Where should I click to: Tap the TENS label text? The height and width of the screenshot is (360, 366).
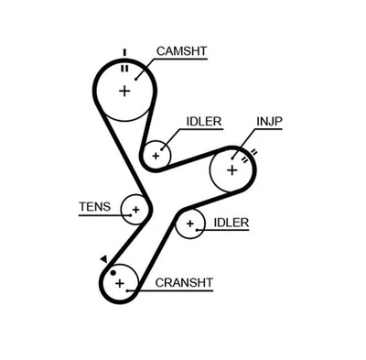pyautogui.click(x=92, y=207)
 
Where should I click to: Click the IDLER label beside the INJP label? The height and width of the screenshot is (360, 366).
pyautogui.click(x=202, y=121)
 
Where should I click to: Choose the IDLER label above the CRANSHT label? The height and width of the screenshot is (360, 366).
pyautogui.click(x=231, y=222)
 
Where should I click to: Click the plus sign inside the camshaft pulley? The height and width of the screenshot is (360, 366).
pyautogui.click(x=125, y=90)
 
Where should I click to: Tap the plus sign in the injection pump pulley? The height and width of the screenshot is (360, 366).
pyautogui.click(x=231, y=169)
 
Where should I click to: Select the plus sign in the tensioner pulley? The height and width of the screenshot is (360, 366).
pyautogui.click(x=135, y=210)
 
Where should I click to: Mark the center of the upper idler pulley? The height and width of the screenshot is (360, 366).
pyautogui.click(x=156, y=155)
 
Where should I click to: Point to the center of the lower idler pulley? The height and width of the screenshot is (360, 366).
pyautogui.click(x=190, y=223)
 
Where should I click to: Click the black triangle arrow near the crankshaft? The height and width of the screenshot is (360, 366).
pyautogui.click(x=104, y=258)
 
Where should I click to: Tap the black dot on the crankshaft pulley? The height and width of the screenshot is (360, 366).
pyautogui.click(x=113, y=272)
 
